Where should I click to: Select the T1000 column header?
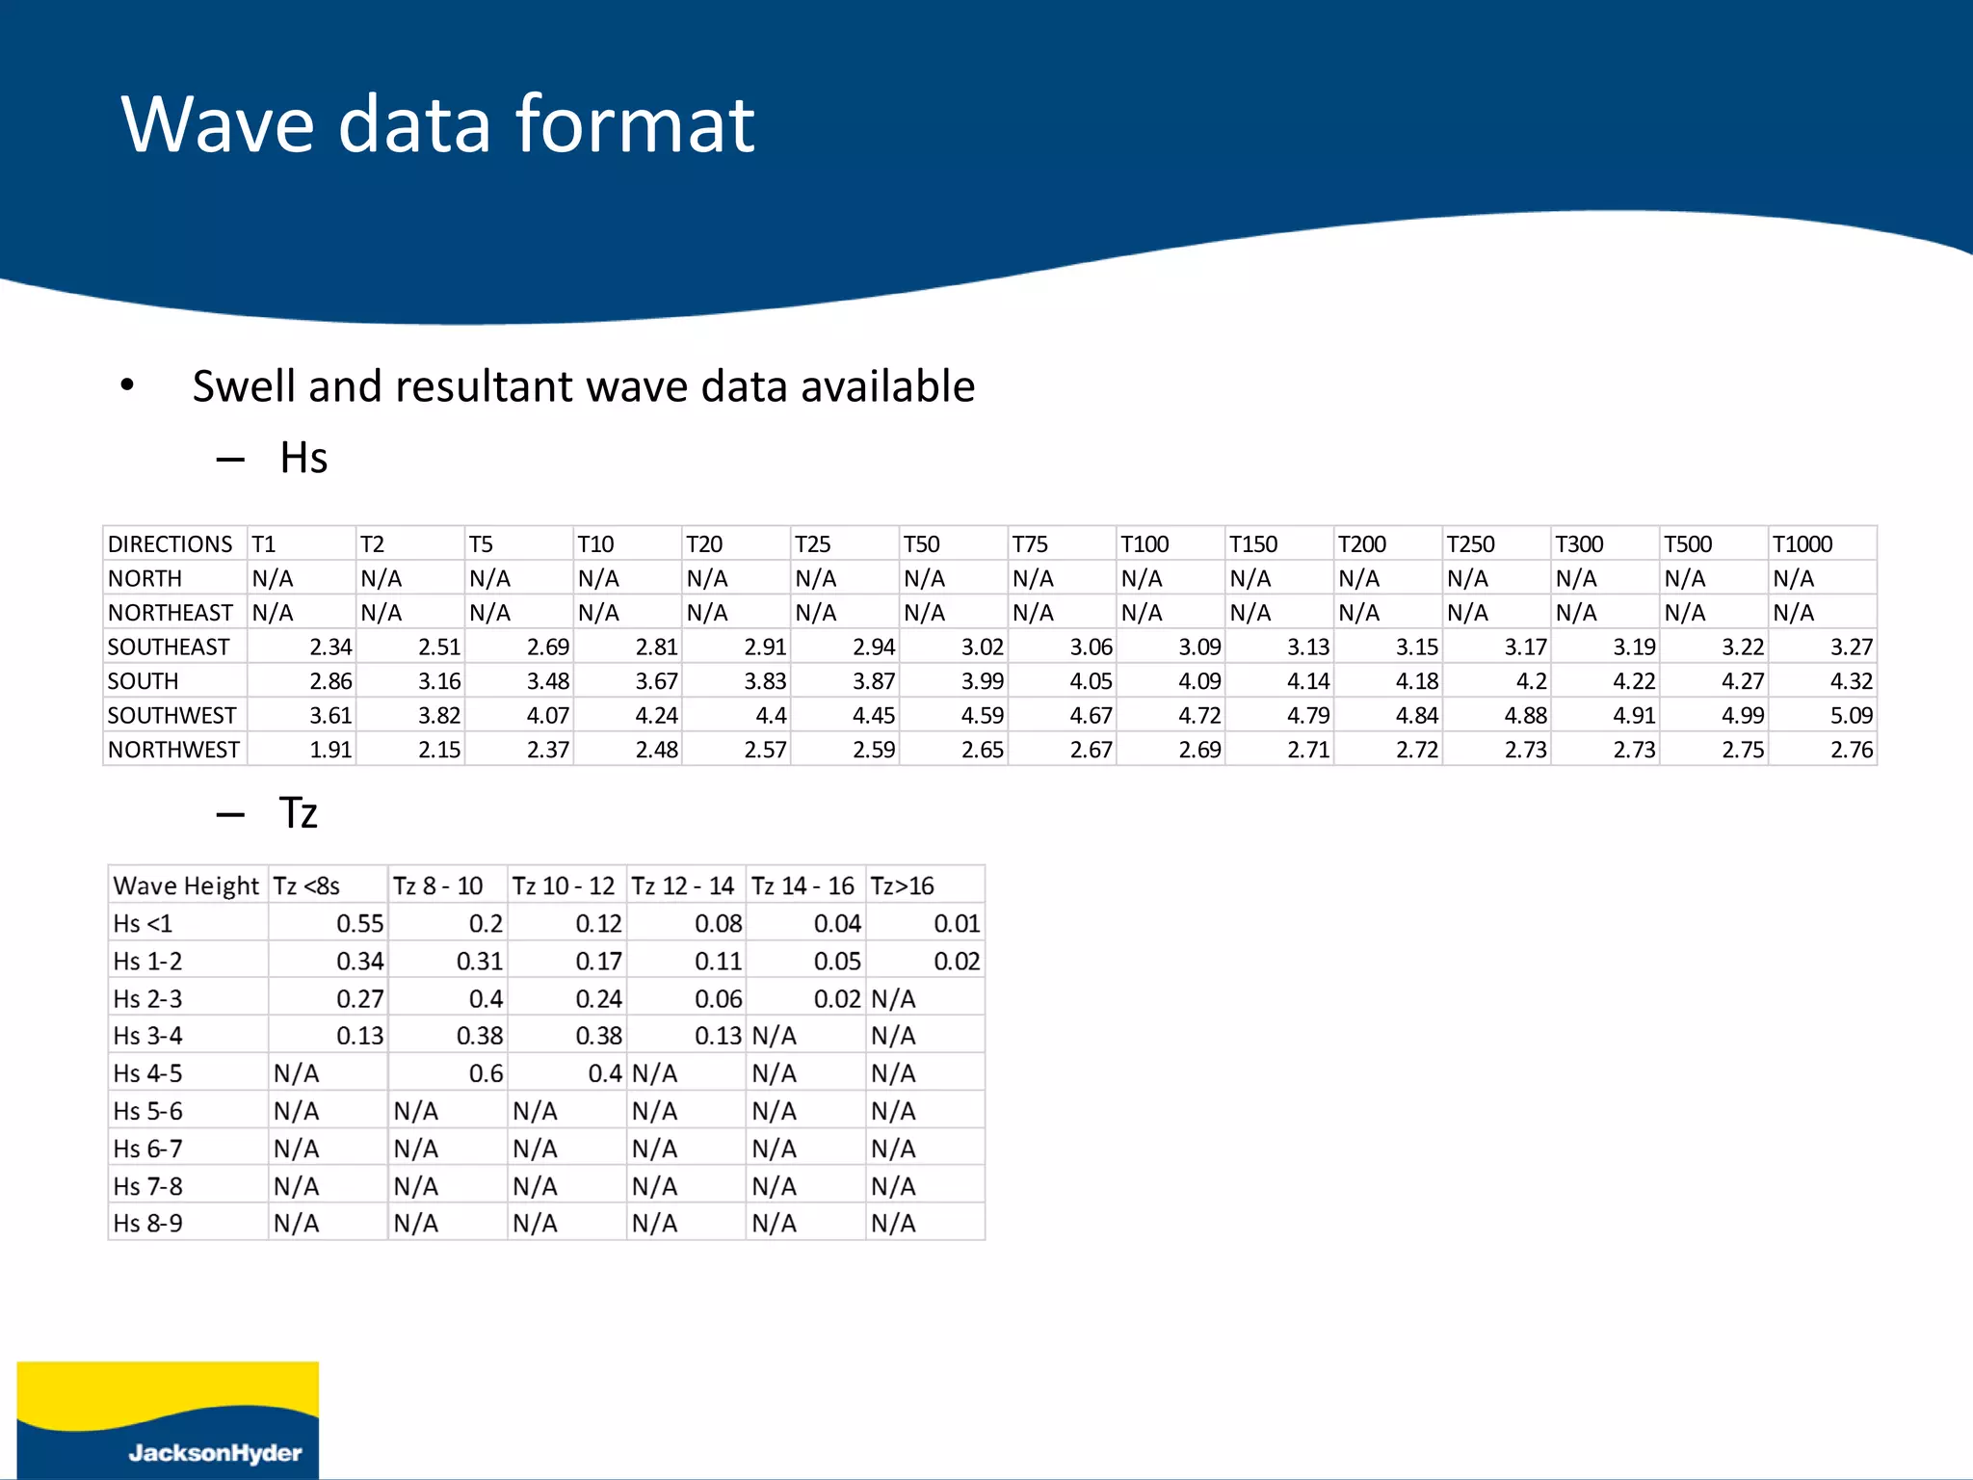[x=1802, y=544]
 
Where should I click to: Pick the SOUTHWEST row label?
[x=171, y=716]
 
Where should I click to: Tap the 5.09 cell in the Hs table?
[x=1851, y=716]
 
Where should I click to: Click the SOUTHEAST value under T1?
[x=330, y=647]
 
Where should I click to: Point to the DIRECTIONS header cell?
[x=171, y=544]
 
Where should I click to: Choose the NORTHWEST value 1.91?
[x=330, y=750]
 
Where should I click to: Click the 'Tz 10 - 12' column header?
[x=564, y=885]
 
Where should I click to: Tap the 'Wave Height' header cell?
[x=186, y=885]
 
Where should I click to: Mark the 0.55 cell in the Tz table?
[x=359, y=923]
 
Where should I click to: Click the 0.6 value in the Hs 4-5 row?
[x=486, y=1073]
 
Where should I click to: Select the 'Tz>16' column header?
[x=902, y=885]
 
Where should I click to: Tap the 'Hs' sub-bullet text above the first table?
[x=303, y=458]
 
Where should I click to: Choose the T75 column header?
[x=1029, y=544]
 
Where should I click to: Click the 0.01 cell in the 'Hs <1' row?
[x=956, y=923]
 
